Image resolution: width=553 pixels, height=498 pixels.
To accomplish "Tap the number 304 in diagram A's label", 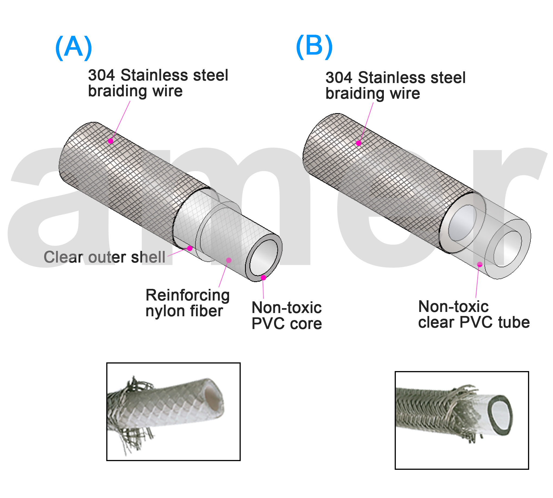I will click(x=101, y=75).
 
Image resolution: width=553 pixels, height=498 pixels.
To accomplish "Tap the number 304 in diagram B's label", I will click(x=339, y=77).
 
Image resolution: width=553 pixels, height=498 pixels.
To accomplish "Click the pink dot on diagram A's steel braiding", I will click(x=111, y=141).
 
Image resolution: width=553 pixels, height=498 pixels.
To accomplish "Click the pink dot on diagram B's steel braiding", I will click(x=359, y=143).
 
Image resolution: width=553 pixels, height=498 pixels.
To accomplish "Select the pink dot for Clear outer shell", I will click(x=189, y=248).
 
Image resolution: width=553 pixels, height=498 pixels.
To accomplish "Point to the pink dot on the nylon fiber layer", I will click(x=229, y=260).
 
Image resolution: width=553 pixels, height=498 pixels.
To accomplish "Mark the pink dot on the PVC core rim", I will click(x=263, y=278).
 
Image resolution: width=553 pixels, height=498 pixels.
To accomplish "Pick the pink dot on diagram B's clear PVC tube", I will click(x=480, y=264).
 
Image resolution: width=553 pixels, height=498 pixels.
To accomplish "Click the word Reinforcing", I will click(x=187, y=295).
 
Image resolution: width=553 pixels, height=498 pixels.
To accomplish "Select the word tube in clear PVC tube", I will click(x=514, y=322).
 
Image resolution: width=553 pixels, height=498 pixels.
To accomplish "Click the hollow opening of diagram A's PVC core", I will click(x=264, y=257).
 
